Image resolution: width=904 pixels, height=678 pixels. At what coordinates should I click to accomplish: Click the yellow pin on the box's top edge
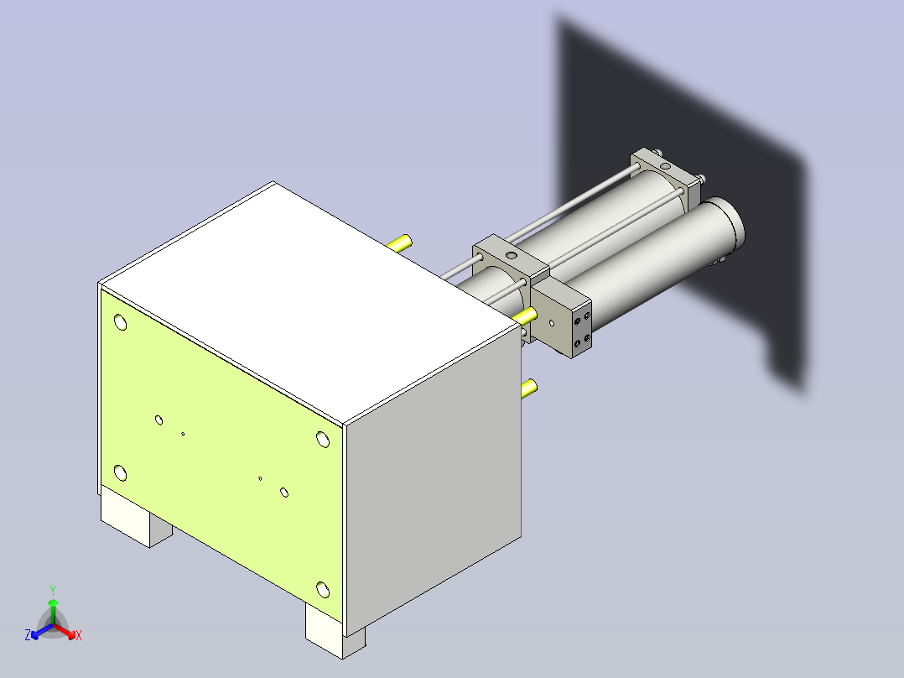pyautogui.click(x=401, y=243)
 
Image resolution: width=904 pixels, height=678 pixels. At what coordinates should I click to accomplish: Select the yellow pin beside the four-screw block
pyautogui.click(x=526, y=315)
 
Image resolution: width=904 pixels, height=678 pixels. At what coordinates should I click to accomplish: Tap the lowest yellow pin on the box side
pyautogui.click(x=529, y=388)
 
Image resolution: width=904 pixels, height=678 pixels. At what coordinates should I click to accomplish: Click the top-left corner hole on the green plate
pyautogui.click(x=120, y=321)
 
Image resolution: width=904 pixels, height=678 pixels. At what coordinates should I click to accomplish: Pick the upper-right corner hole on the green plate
pyautogui.click(x=323, y=438)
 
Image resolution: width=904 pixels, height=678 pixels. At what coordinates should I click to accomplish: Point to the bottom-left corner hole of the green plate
pyautogui.click(x=120, y=473)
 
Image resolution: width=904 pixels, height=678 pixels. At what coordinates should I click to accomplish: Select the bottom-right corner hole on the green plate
pyautogui.click(x=323, y=589)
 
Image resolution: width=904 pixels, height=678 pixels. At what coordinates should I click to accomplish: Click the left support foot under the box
pyautogui.click(x=134, y=520)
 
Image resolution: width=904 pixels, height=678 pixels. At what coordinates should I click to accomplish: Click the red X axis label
pyautogui.click(x=79, y=636)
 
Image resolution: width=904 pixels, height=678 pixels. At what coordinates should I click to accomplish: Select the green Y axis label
pyautogui.click(x=52, y=590)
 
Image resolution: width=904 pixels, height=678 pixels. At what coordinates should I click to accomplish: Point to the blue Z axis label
pyautogui.click(x=28, y=635)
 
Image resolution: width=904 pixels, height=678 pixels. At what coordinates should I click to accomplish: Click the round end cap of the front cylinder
pyautogui.click(x=728, y=223)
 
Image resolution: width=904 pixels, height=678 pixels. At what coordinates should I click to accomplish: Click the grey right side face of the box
pyautogui.click(x=432, y=470)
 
